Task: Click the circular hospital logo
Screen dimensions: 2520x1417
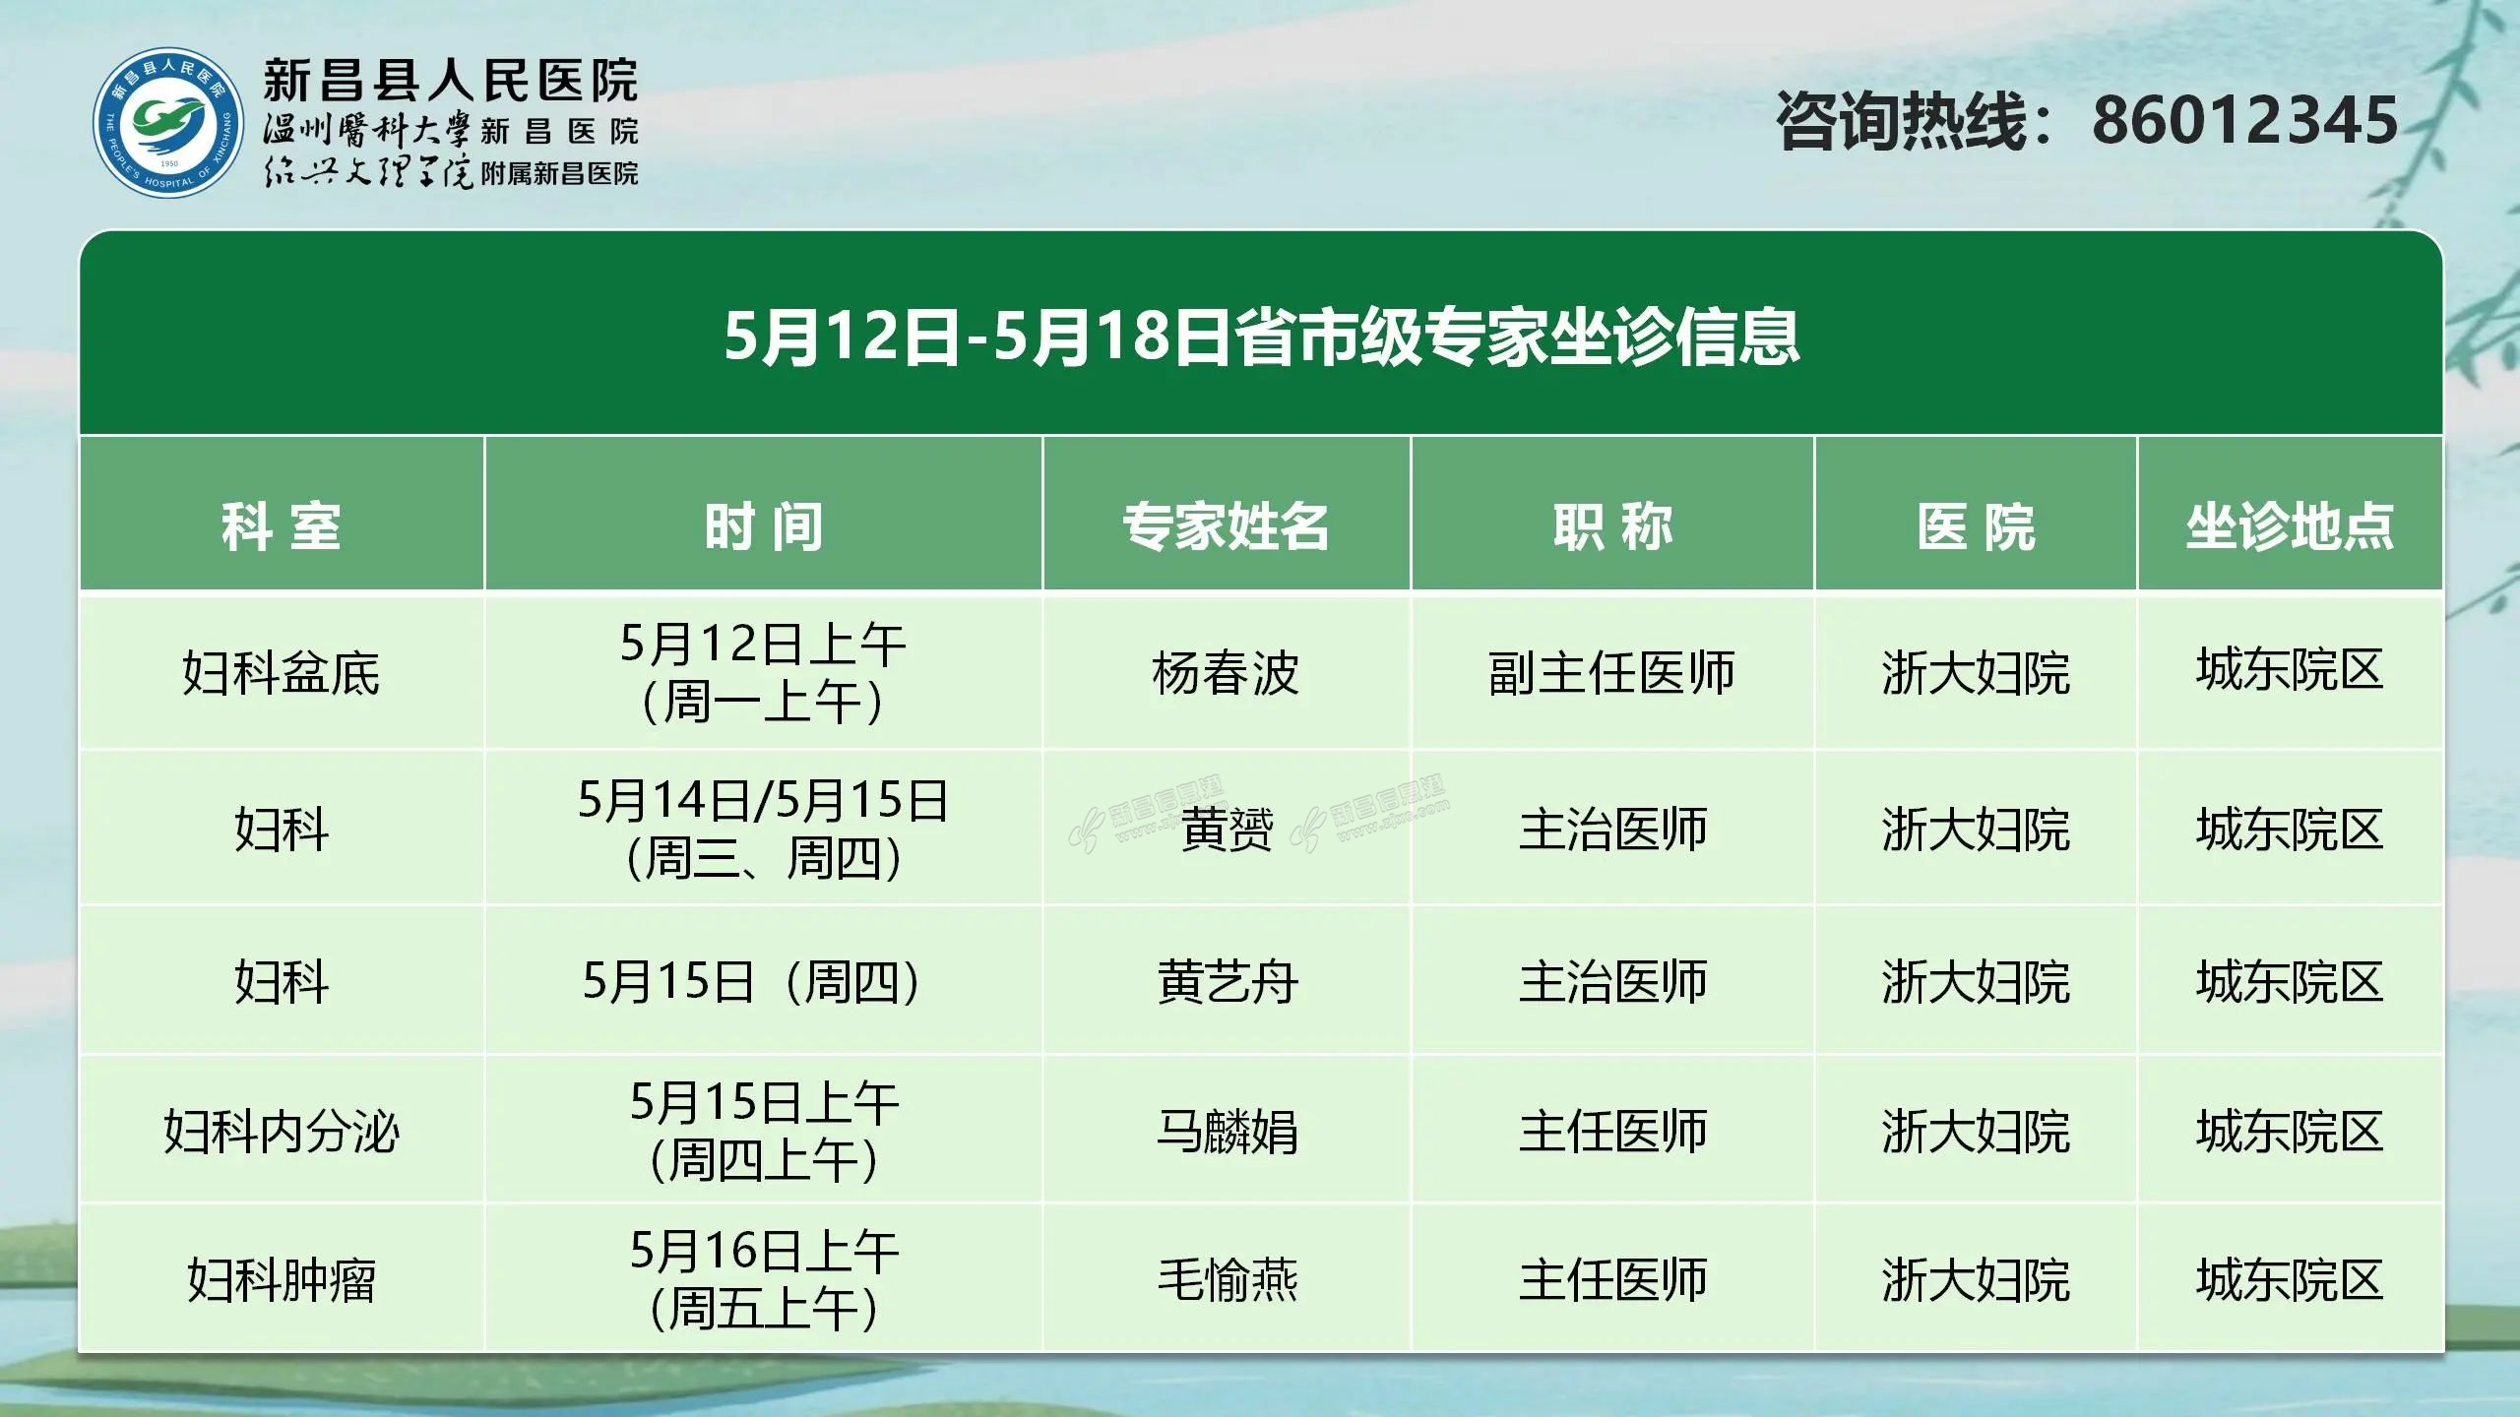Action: (167, 123)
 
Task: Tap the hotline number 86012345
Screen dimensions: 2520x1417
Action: (2244, 121)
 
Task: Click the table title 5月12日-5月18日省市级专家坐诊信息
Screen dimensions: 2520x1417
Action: (1262, 337)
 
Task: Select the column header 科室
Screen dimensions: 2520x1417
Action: (282, 526)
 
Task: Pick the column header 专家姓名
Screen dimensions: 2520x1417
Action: (1227, 526)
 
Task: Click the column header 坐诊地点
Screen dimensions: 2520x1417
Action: (2290, 526)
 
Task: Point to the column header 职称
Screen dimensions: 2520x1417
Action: (1612, 526)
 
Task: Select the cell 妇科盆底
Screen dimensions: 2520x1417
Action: (282, 674)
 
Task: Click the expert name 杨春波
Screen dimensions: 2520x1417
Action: (1227, 674)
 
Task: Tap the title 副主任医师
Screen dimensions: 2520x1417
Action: (1612, 674)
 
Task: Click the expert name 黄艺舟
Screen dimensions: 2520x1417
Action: (1227, 982)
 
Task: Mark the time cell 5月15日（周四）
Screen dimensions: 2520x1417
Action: (755, 982)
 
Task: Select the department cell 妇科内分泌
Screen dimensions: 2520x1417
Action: (282, 1132)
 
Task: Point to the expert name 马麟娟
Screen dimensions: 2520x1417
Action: (1227, 1132)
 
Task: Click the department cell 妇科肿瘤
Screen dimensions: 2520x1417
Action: (282, 1281)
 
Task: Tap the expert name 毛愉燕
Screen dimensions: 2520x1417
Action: (1227, 1281)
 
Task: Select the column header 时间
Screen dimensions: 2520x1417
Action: (763, 526)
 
